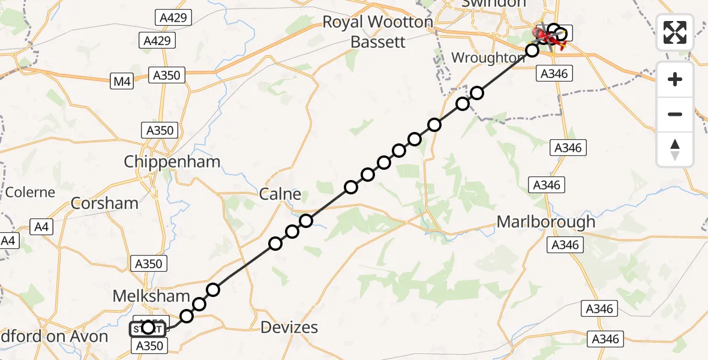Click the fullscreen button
pos(675,32)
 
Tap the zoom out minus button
pos(675,114)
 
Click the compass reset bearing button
pos(675,149)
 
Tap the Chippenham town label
pos(172,161)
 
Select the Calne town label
pos(280,194)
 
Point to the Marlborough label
pos(546,221)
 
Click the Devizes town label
pos(290,328)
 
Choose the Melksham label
pos(151,296)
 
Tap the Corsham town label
pos(104,203)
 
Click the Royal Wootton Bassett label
pos(377,32)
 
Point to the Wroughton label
pos(487,58)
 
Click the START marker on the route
pos(146,328)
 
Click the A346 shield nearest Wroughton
pos(553,73)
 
